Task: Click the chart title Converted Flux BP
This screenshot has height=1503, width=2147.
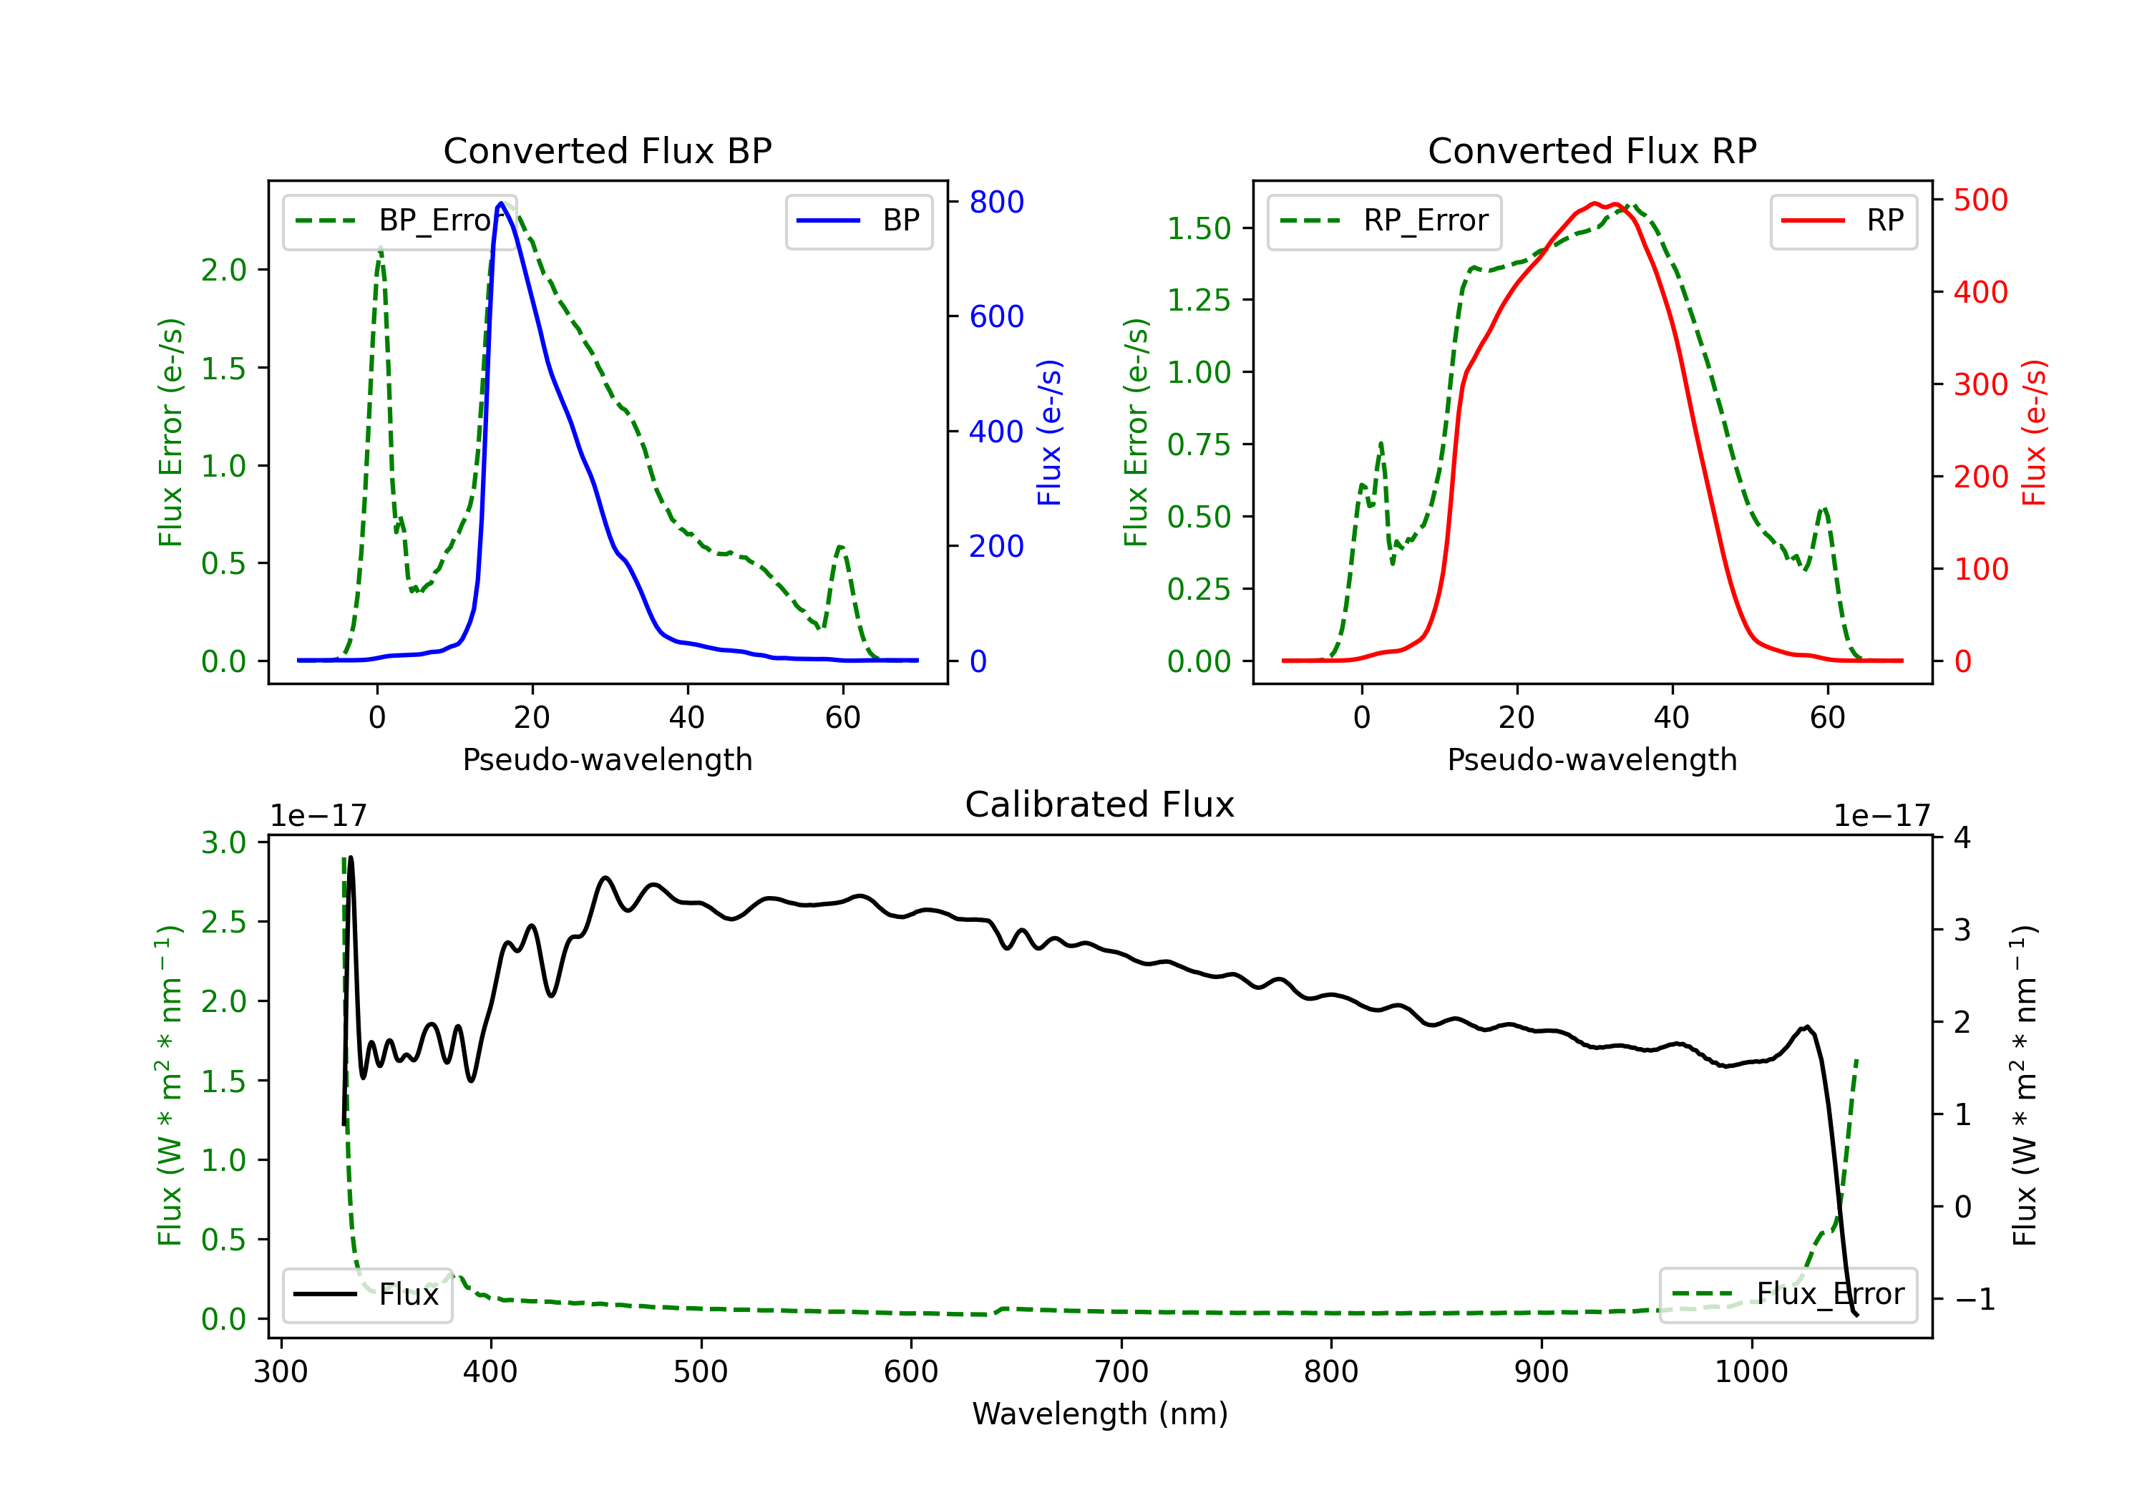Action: coord(607,150)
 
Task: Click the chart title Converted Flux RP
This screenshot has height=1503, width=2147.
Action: coord(1592,150)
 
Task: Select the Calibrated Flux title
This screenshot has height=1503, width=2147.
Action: coord(1100,804)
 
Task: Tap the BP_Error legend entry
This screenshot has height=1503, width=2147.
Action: coord(400,220)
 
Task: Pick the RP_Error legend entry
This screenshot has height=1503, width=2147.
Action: coord(1384,220)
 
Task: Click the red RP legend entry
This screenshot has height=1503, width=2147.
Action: coord(1842,220)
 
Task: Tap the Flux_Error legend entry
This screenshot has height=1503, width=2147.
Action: coord(1787,1295)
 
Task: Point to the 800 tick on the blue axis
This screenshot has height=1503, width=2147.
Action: coord(996,202)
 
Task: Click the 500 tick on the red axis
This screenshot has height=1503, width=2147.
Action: coord(1980,200)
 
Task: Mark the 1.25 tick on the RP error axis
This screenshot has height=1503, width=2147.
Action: coord(1199,300)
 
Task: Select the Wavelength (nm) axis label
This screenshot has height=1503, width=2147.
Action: coord(1100,1414)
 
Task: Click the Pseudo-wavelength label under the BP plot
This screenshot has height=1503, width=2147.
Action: coord(607,759)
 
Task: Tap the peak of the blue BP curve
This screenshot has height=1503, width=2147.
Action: coord(501,203)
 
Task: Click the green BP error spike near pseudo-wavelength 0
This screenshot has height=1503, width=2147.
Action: coord(379,249)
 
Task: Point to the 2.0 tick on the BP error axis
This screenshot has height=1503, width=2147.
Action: coord(223,271)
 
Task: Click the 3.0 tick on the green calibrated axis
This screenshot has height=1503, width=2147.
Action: coord(223,842)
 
